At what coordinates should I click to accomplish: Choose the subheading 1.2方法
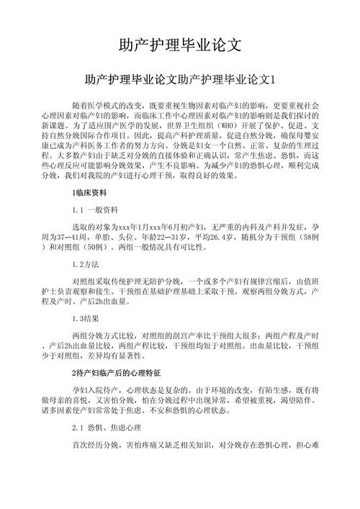[x=88, y=264]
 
